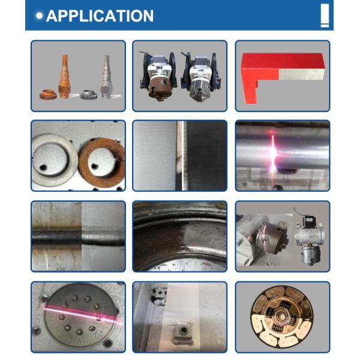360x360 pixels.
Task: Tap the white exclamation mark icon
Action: click(x=325, y=16)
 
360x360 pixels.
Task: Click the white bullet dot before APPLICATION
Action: click(x=40, y=16)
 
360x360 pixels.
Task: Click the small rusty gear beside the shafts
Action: click(x=48, y=95)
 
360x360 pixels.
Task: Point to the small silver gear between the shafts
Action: click(x=86, y=94)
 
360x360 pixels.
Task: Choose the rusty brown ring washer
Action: click(x=101, y=161)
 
